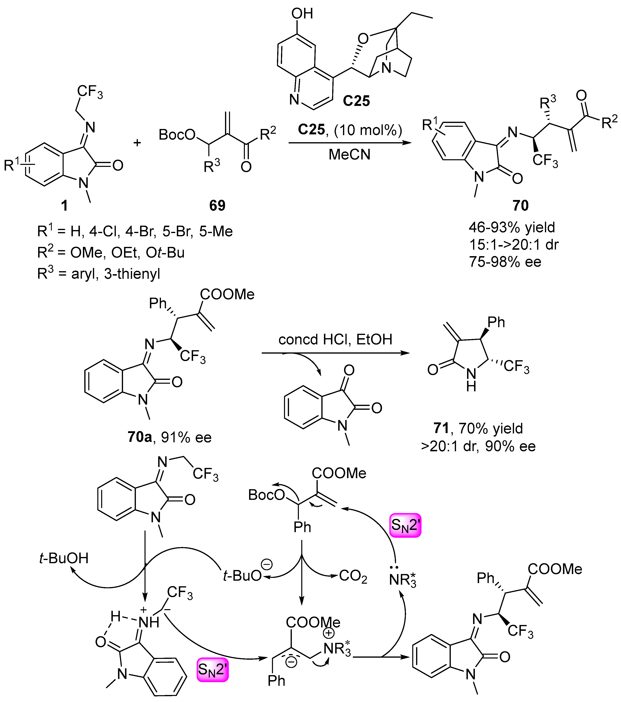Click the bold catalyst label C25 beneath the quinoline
tap(356, 101)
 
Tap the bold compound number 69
tap(217, 205)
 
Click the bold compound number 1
tap(64, 205)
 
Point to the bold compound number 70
tap(520, 205)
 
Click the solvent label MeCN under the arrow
tap(349, 155)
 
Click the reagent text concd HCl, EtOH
tap(335, 339)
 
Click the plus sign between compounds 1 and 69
tap(137, 143)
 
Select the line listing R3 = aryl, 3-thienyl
tap(99, 274)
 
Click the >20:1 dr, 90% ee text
tap(478, 446)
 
